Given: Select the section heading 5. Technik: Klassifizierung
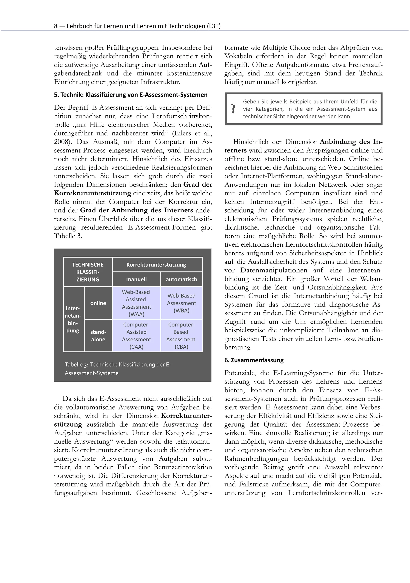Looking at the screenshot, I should [131, 95].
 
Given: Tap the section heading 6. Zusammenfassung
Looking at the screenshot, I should [254, 360].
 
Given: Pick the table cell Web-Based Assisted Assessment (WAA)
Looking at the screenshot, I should [136, 303].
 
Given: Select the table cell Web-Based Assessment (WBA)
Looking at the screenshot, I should [181, 303].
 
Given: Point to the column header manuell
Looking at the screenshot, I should [136, 279].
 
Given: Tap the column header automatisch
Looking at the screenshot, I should [181, 279].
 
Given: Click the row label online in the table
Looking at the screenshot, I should [98, 303].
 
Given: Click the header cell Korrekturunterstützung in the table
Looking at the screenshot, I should [156, 265].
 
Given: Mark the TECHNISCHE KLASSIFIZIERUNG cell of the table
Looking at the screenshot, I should [88, 272].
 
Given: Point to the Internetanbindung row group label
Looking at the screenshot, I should [73, 319].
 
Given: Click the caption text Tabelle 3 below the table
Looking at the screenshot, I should [76, 365].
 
